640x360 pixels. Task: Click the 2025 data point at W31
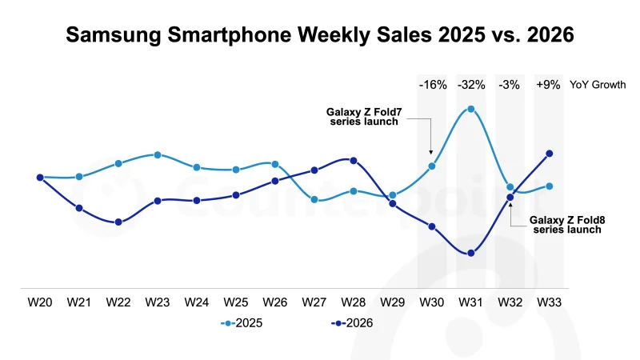[471, 109]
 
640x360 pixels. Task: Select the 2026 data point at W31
[471, 253]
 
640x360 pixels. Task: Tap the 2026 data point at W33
[550, 154]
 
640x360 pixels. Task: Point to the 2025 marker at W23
[158, 154]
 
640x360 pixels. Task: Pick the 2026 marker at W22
[118, 222]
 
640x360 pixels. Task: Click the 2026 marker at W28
[354, 161]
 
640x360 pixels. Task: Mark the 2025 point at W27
[314, 199]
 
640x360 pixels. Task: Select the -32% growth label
[471, 85]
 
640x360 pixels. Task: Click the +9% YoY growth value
[548, 85]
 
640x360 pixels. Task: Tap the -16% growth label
[433, 85]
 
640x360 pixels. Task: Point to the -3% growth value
[509, 85]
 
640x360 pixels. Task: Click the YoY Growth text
[598, 85]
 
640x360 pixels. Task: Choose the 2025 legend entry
[242, 323]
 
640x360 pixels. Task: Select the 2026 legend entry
[352, 323]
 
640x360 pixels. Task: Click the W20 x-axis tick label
[40, 302]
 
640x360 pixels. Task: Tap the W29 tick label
[393, 302]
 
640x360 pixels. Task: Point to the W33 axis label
[550, 302]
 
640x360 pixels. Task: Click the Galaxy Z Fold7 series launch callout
[364, 117]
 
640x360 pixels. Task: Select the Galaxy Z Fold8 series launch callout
[567, 225]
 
